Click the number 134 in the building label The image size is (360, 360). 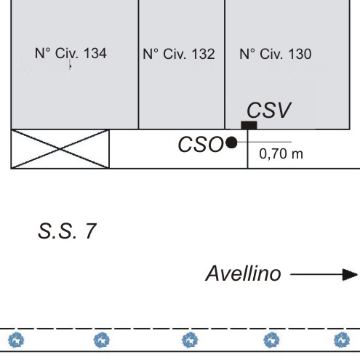click(95, 53)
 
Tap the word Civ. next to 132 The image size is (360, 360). click(175, 54)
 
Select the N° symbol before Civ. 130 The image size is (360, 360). click(247, 54)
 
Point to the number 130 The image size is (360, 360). click(300, 54)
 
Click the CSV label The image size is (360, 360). click(269, 110)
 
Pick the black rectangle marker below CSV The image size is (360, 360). click(249, 125)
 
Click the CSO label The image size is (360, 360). click(201, 145)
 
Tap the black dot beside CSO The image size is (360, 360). click(231, 143)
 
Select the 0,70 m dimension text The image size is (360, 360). click(281, 154)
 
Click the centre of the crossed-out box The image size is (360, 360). click(60, 149)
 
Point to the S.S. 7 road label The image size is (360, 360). click(67, 231)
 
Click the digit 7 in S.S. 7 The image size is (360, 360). click(90, 231)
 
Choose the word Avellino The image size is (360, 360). click(243, 273)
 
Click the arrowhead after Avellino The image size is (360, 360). click(350, 275)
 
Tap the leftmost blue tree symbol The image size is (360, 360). click(16, 340)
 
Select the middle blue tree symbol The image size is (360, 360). click(190, 340)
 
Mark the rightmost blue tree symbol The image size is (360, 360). click(342, 340)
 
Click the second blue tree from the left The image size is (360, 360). click(102, 340)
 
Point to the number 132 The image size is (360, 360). click(204, 54)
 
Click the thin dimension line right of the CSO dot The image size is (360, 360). click(264, 142)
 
